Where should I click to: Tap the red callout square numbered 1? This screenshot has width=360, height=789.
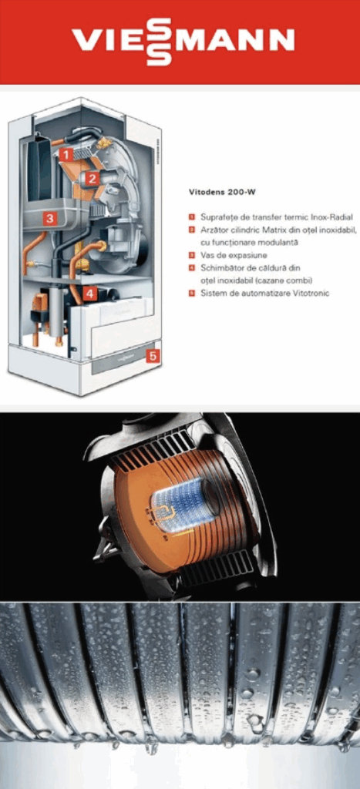(x=66, y=154)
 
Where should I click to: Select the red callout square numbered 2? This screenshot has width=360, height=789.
(x=91, y=178)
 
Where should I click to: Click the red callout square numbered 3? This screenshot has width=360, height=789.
(x=49, y=218)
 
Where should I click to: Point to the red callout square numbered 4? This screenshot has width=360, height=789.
(x=89, y=294)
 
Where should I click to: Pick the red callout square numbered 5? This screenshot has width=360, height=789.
(x=153, y=356)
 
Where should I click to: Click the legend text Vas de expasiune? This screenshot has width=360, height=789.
(x=234, y=255)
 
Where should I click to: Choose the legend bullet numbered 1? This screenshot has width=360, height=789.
(x=192, y=217)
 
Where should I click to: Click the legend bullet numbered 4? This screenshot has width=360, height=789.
(x=192, y=267)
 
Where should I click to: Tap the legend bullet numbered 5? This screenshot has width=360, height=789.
(x=192, y=293)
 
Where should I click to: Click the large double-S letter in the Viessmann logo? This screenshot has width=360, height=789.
(x=159, y=42)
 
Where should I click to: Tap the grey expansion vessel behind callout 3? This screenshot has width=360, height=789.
(x=53, y=217)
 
